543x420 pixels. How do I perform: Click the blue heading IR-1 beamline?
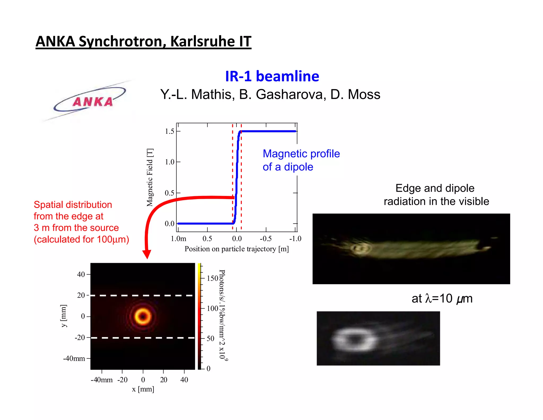tap(272, 76)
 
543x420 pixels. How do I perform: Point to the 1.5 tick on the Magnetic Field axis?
tap(170, 131)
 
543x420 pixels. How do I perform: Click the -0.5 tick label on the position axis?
tap(266, 239)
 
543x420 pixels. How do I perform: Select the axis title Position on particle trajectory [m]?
tap(237, 249)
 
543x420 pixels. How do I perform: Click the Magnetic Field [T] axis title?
tap(150, 177)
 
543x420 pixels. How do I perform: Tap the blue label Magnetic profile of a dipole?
tap(301, 160)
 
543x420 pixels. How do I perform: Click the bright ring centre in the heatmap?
tap(143, 316)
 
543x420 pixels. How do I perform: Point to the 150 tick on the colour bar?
tap(212, 278)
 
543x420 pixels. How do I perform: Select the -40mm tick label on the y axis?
tap(74, 358)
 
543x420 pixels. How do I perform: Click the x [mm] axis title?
tap(143, 389)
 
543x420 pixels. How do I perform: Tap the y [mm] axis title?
tap(64, 316)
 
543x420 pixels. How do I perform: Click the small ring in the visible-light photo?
tap(360, 248)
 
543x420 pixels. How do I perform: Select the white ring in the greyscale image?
tap(354, 339)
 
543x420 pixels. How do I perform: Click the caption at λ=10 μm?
tap(442, 298)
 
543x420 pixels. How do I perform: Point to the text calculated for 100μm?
tap(81, 239)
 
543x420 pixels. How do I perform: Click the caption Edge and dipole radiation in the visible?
tap(436, 195)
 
